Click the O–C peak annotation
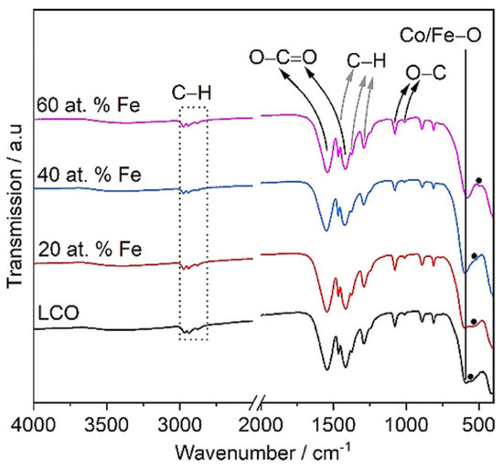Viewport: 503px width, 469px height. (x=425, y=71)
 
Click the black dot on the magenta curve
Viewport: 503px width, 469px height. (x=479, y=181)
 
